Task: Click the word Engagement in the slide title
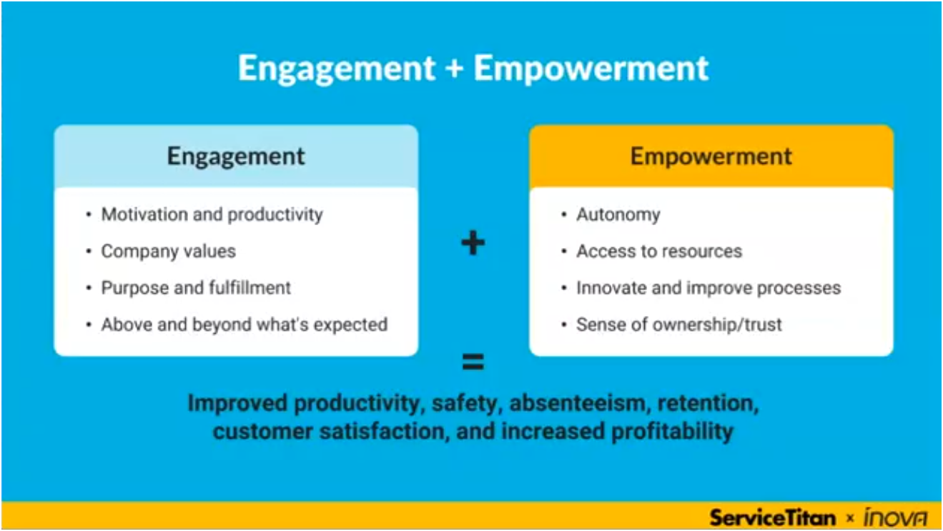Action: [x=337, y=69]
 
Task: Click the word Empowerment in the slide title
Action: [x=591, y=69]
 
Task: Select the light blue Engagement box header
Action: [x=236, y=156]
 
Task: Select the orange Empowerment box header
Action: [x=711, y=156]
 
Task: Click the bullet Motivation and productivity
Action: [x=212, y=214]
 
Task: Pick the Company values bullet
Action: [x=169, y=251]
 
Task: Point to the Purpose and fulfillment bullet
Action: [x=196, y=288]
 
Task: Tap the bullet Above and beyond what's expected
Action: [x=245, y=325]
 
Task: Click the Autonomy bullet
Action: [x=618, y=214]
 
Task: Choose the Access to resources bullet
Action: [x=659, y=251]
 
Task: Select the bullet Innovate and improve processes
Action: [x=709, y=288]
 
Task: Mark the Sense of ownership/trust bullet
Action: [x=679, y=325]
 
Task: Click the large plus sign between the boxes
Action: [x=473, y=243]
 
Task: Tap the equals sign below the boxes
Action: [x=473, y=362]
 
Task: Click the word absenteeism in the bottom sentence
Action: [x=578, y=403]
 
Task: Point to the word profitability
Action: [x=672, y=432]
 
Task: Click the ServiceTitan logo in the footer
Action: [x=773, y=517]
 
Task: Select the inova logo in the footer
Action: [x=895, y=517]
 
